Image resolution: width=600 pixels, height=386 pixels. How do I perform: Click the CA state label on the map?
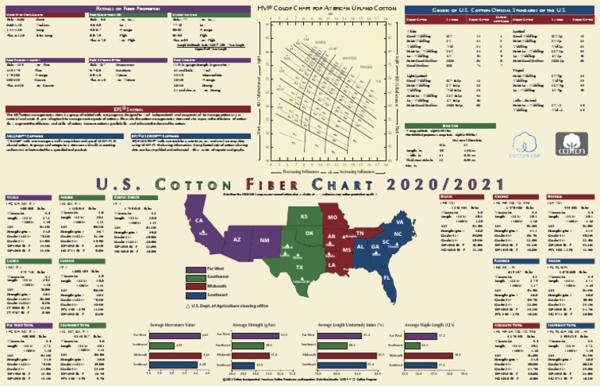[200, 220]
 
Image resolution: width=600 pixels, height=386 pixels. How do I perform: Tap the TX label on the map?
[299, 267]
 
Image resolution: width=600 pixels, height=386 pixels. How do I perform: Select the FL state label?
[387, 277]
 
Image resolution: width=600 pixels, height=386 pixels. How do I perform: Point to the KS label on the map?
[304, 216]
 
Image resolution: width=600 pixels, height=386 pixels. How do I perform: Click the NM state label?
[265, 240]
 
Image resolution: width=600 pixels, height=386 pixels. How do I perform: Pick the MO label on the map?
[332, 217]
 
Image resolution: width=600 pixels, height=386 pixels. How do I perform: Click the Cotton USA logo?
[520, 145]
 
